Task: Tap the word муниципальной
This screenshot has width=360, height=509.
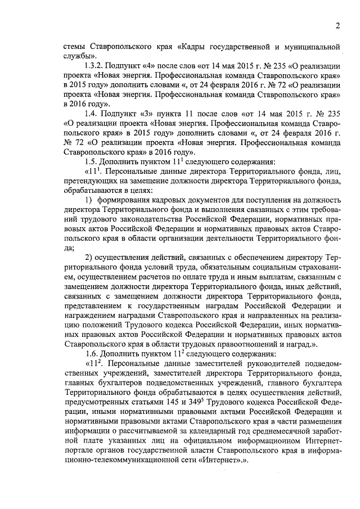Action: [315, 47]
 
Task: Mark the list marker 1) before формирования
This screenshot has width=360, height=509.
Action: [88, 200]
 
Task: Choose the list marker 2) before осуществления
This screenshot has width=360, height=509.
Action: [88, 257]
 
